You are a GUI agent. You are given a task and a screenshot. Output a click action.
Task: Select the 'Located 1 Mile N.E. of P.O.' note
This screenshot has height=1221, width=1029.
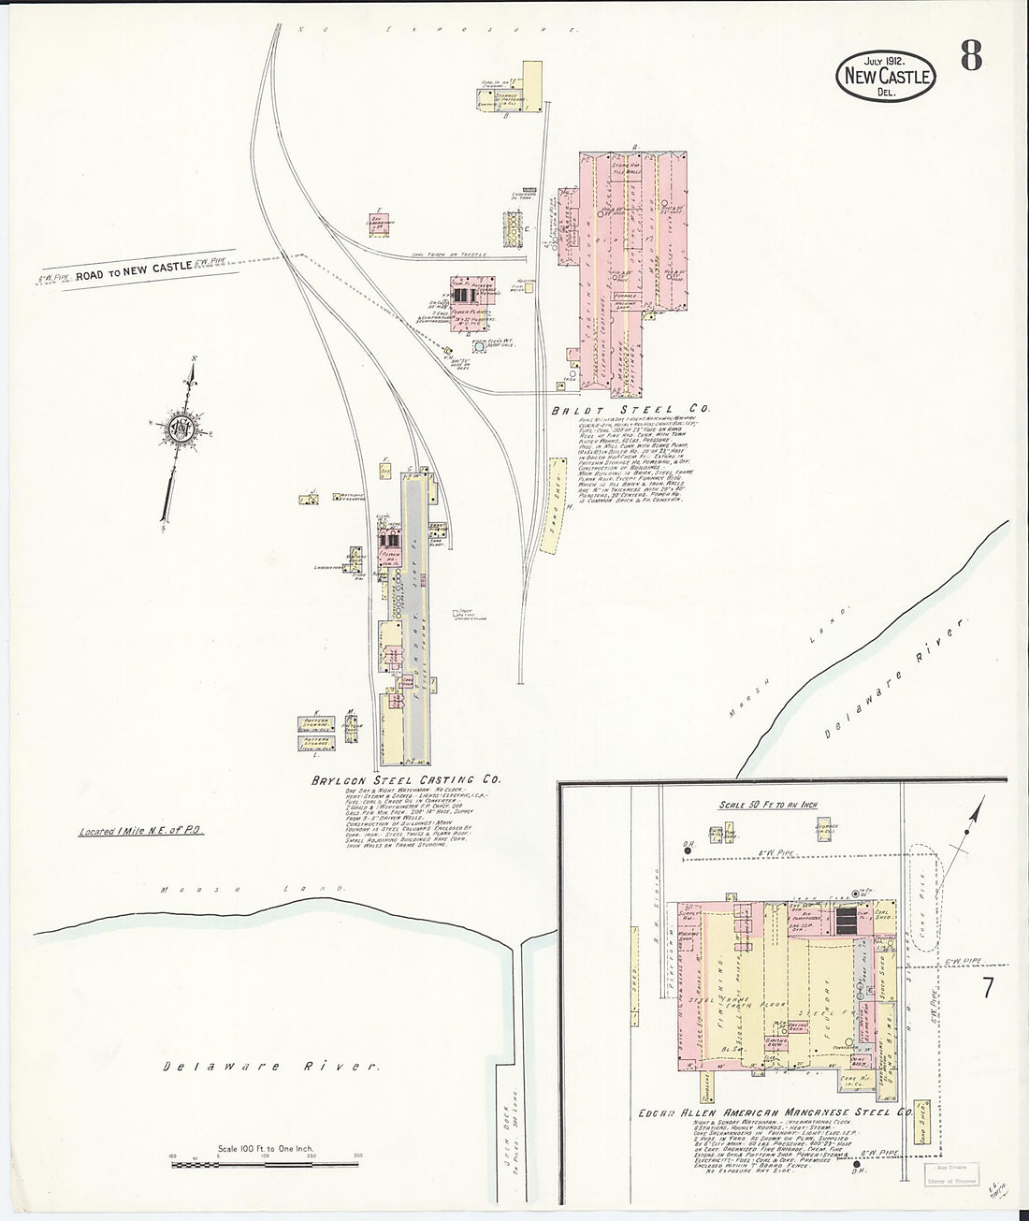coord(141,830)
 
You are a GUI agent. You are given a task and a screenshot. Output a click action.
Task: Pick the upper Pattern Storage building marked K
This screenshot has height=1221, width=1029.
coord(315,722)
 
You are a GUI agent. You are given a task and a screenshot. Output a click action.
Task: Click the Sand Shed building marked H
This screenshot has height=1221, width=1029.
coord(554,510)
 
